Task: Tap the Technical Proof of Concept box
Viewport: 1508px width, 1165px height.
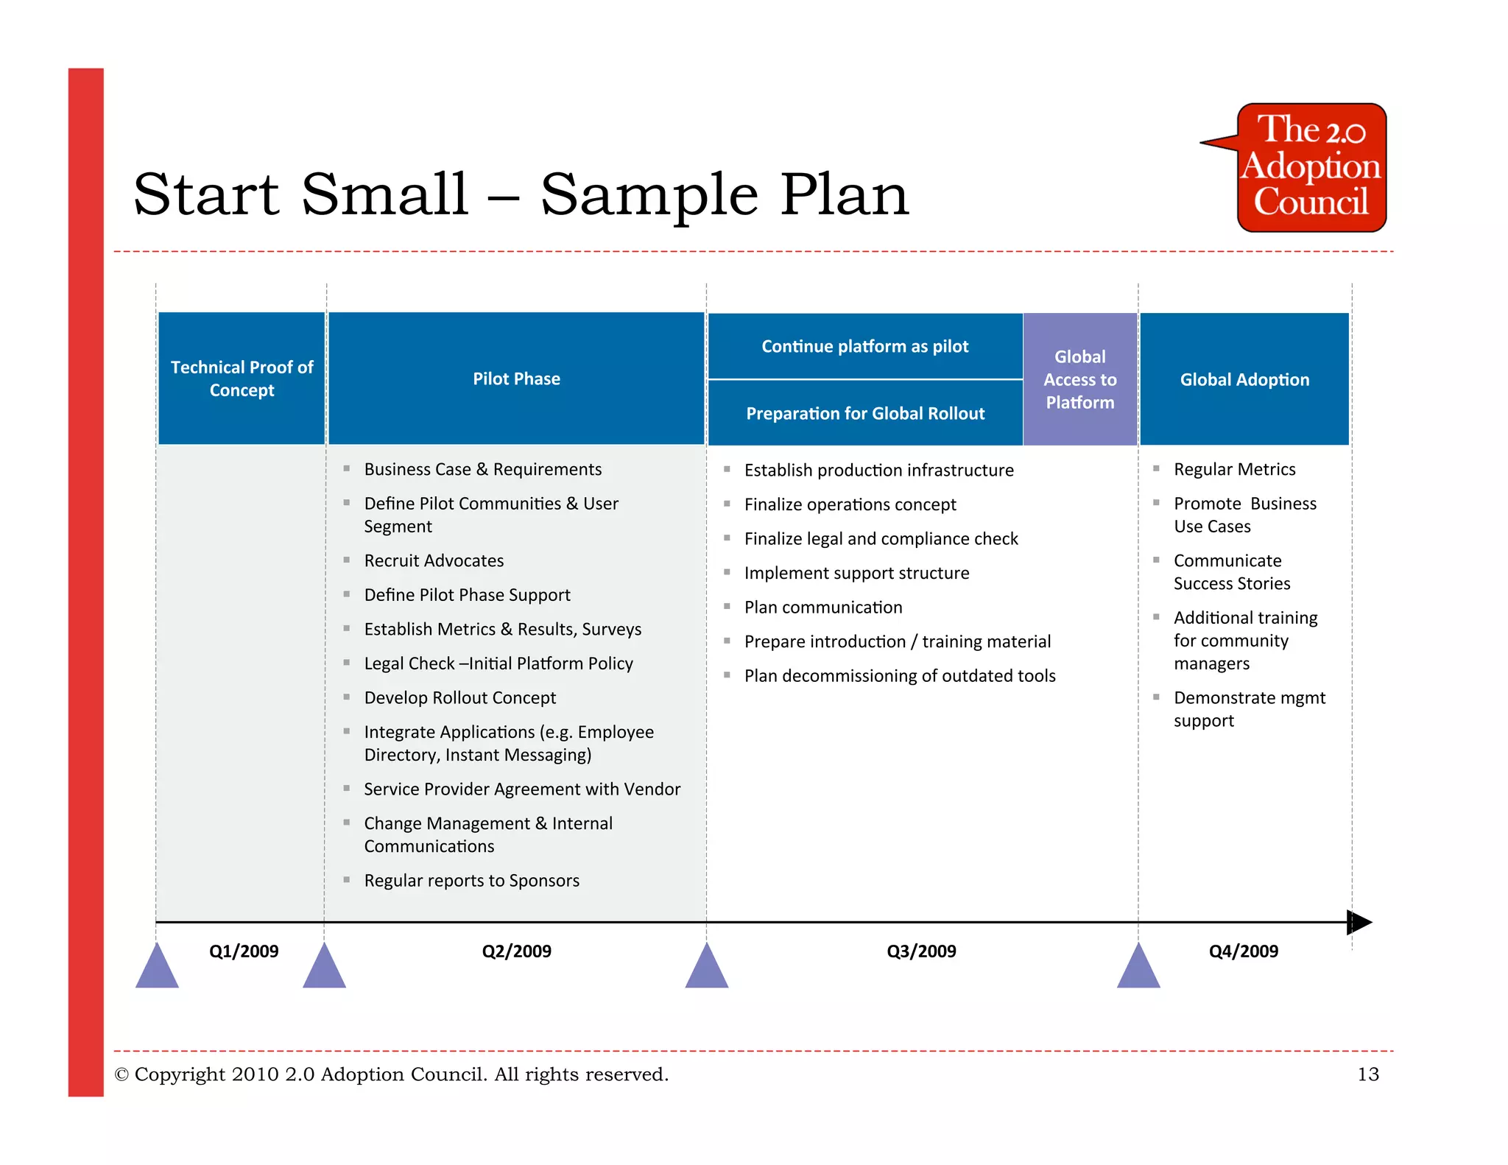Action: pyautogui.click(x=242, y=379)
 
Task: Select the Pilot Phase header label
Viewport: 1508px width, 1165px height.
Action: pyautogui.click(x=516, y=379)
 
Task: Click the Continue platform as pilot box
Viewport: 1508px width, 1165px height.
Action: pyautogui.click(x=864, y=346)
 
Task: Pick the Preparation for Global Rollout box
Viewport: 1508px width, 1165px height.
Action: pyautogui.click(x=864, y=413)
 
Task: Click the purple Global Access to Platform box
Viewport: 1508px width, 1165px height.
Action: pyautogui.click(x=1079, y=379)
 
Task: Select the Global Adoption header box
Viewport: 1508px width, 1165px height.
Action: pyautogui.click(x=1244, y=379)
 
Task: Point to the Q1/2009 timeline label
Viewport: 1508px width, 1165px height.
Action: pyautogui.click(x=244, y=951)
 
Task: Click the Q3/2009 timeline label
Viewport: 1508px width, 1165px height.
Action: pyautogui.click(x=921, y=951)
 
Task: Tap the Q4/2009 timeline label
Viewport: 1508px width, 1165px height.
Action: pyautogui.click(x=1243, y=951)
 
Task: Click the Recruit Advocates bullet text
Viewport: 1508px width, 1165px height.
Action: pyautogui.click(x=434, y=560)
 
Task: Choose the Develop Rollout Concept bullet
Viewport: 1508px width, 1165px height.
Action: pyautogui.click(x=459, y=697)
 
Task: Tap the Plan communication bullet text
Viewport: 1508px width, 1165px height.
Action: pyautogui.click(x=822, y=607)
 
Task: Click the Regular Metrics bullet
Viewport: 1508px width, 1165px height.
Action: pyautogui.click(x=1234, y=469)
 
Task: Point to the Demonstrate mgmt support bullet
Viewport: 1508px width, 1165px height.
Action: pyautogui.click(x=1249, y=708)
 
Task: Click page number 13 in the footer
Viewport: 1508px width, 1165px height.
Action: pyautogui.click(x=1367, y=1074)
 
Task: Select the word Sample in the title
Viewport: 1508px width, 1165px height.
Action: pyautogui.click(x=649, y=194)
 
